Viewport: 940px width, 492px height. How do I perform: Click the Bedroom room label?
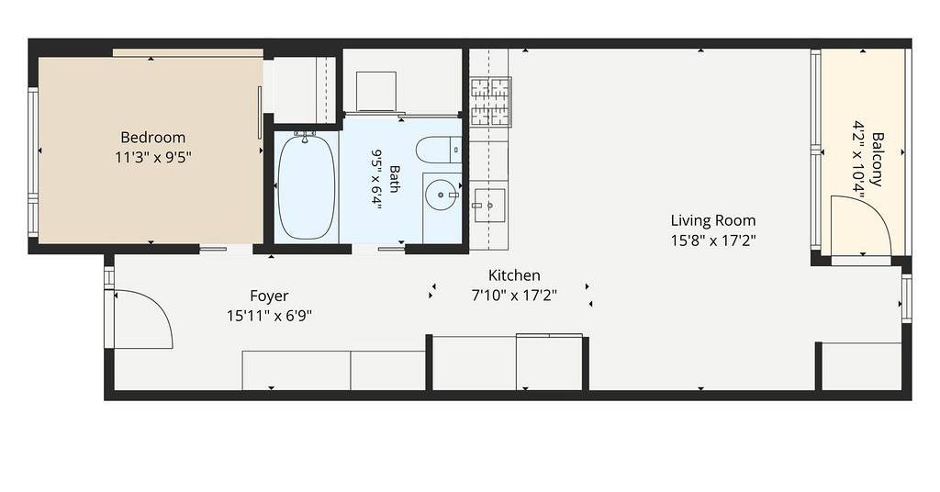(153, 138)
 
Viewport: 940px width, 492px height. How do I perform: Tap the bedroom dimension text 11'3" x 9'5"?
(153, 158)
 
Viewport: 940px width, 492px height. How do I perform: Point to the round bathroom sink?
(442, 196)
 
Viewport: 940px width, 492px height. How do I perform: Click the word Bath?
(395, 179)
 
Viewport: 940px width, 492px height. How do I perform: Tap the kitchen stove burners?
(490, 102)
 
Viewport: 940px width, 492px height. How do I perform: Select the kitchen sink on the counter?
(489, 205)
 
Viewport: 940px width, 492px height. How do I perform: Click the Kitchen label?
(514, 275)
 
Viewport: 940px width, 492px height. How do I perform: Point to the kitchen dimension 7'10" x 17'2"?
(514, 295)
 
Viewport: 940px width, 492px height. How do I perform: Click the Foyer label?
(269, 296)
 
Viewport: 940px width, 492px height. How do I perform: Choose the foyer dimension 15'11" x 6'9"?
(269, 315)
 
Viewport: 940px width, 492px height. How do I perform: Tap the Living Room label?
(712, 220)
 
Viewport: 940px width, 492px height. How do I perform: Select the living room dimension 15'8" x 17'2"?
(712, 240)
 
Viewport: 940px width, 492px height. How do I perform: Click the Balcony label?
(877, 160)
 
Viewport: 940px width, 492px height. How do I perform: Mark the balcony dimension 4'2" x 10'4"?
(858, 158)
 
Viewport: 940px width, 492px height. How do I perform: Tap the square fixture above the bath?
(375, 91)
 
